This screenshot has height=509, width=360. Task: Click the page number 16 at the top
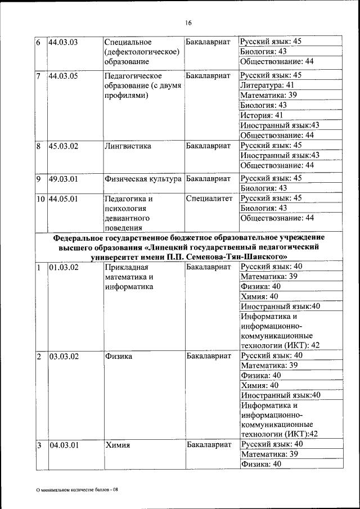tap(188, 22)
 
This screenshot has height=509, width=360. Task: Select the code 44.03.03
tap(63, 42)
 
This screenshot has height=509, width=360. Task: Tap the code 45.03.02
tap(63, 146)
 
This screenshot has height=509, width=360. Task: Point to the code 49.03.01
tap(63, 178)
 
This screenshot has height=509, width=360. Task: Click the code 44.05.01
tap(63, 199)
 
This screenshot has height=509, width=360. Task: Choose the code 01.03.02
tap(63, 267)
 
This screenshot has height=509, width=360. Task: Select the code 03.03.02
tap(63, 356)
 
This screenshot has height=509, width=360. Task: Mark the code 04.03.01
tap(63, 445)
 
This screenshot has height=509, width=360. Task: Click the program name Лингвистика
tap(128, 146)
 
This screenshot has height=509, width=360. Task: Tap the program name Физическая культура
tap(143, 178)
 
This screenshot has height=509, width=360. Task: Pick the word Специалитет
tap(209, 199)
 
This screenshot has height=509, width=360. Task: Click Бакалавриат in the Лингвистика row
tap(208, 146)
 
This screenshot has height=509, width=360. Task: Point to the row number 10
tap(41, 199)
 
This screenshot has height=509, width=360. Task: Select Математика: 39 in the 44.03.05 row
tap(268, 95)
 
